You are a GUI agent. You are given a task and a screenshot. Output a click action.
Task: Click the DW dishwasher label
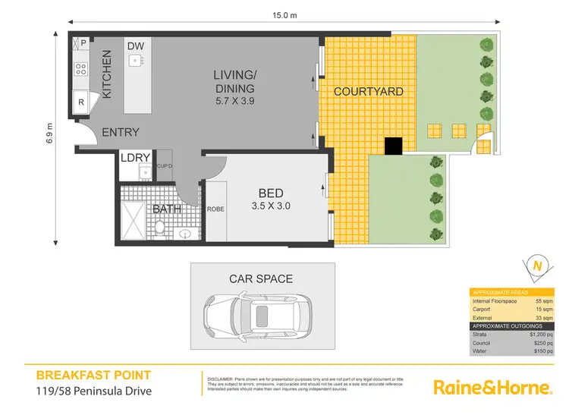(136, 46)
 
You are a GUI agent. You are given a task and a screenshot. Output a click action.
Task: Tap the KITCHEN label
(107, 74)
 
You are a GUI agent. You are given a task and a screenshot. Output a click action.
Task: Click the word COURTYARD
(368, 92)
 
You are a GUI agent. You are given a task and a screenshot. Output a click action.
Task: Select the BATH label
(166, 209)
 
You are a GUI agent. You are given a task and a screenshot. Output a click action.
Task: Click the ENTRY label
(121, 132)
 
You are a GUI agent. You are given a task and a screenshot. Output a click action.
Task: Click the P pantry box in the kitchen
(82, 43)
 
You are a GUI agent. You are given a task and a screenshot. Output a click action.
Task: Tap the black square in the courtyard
(393, 146)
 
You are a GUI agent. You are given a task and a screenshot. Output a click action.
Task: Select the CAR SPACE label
(261, 279)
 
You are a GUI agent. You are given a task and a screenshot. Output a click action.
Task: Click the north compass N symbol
(538, 266)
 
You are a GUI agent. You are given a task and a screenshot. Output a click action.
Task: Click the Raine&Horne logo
(492, 387)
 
